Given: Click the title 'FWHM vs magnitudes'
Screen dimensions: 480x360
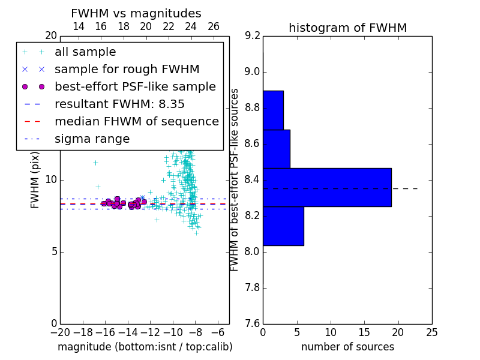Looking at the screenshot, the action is point(136,13).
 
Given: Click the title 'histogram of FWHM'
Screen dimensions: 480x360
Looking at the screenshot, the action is point(348,28).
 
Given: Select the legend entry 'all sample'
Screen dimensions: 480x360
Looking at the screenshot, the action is point(85,52).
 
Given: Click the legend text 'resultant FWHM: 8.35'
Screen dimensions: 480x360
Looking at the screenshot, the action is point(119,104).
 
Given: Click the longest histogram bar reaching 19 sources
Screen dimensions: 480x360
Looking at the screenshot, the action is point(327,187).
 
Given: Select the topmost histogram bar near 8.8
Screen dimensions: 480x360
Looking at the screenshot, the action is point(274,110).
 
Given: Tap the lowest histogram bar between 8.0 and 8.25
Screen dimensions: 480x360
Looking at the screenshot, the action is point(283,226).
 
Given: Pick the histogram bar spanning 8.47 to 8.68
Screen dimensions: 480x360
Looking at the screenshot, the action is point(277,149).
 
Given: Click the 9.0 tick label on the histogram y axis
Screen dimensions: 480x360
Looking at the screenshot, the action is point(252,72).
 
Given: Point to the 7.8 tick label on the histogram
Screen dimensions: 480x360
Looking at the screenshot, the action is point(252,288).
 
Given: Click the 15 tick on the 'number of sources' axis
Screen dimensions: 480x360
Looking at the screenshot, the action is point(364,332).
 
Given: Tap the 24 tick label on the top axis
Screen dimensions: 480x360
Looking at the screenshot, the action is point(191,26).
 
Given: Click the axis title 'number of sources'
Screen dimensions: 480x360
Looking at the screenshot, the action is point(348,347).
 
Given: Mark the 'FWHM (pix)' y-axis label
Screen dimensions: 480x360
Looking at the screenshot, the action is point(35,180).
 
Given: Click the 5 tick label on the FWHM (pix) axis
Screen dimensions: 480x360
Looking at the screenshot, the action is point(53,252).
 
